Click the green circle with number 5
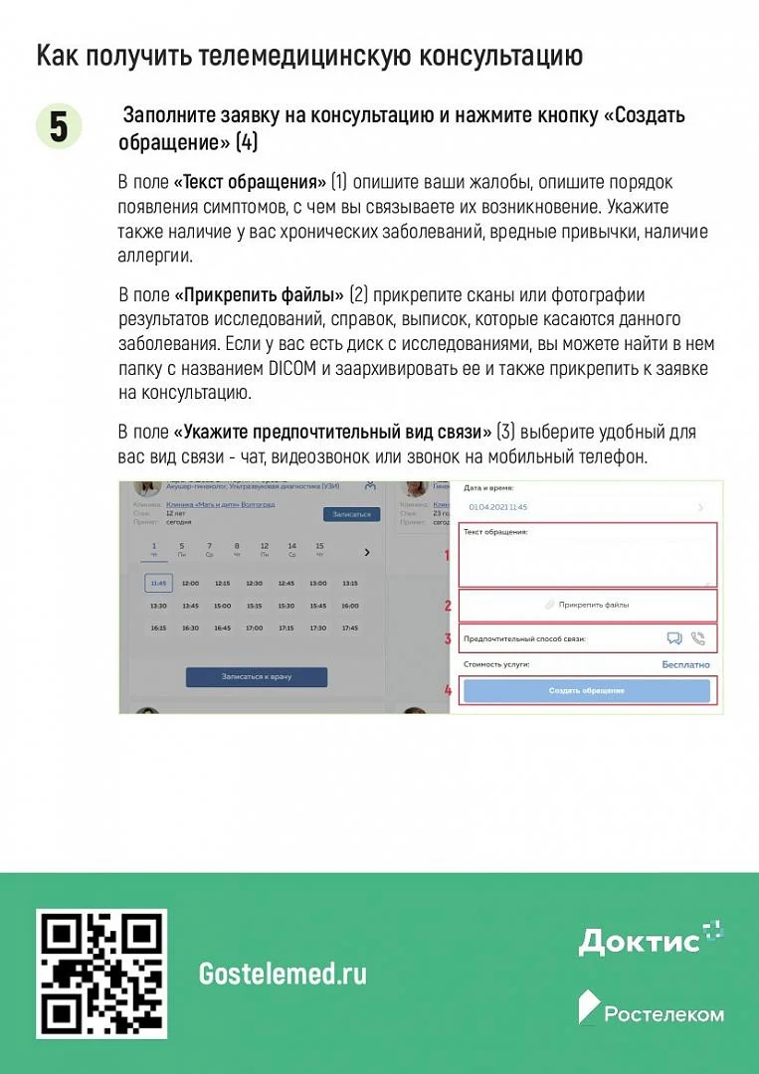(59, 126)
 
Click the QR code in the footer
(100, 974)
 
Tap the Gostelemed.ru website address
(283, 974)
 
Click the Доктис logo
(650, 939)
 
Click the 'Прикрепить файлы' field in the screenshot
(587, 605)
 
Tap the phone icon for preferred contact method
(697, 638)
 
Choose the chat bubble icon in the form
(674, 638)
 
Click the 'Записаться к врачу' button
(257, 677)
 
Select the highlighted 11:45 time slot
(158, 583)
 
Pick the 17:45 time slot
(349, 628)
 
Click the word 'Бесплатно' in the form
(686, 664)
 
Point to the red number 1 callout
(448, 556)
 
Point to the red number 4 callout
(448, 690)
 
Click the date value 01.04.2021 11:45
(497, 507)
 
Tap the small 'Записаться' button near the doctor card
(351, 514)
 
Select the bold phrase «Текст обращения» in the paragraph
(250, 183)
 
